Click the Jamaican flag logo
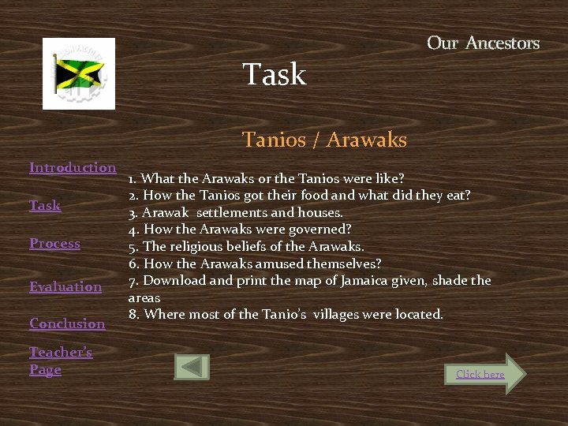tap(79, 73)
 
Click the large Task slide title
tap(274, 75)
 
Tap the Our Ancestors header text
tap(483, 43)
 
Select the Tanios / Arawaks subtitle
tap(324, 140)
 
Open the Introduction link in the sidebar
tap(73, 167)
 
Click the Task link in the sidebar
tap(45, 205)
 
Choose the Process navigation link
tap(54, 243)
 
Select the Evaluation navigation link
tap(65, 286)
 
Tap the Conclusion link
tap(67, 323)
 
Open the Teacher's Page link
tap(60, 361)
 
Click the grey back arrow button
tap(192, 367)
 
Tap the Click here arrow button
tap(483, 374)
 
